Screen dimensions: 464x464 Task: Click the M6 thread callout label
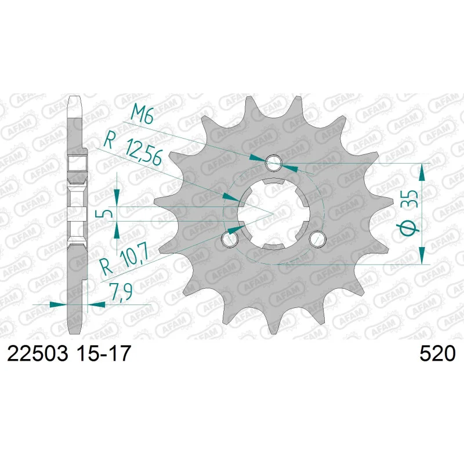(142, 113)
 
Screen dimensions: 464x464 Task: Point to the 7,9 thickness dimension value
(121, 292)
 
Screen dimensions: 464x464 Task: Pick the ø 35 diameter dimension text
(409, 212)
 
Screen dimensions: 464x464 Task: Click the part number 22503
(37, 353)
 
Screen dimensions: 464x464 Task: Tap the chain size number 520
(437, 353)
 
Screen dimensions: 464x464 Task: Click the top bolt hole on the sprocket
(274, 162)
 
